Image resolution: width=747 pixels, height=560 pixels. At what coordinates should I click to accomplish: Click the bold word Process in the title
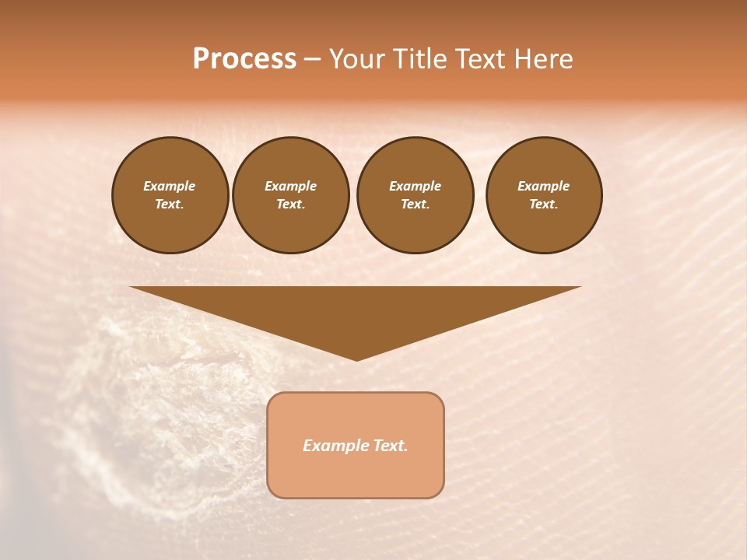(244, 59)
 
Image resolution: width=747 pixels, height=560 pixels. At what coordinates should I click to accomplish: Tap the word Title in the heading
(421, 59)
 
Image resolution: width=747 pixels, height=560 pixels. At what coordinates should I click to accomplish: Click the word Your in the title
(358, 59)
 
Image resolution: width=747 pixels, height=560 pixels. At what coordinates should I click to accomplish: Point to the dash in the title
(312, 60)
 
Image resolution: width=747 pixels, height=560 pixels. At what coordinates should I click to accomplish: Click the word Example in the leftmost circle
(170, 186)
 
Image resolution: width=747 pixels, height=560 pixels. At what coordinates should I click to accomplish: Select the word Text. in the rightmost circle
(544, 204)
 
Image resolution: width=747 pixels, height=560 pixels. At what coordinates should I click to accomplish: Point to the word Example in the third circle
(415, 186)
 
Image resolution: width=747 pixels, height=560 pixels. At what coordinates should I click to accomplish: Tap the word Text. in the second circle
(291, 204)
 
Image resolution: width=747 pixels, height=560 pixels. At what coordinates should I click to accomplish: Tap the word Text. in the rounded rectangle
(391, 446)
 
